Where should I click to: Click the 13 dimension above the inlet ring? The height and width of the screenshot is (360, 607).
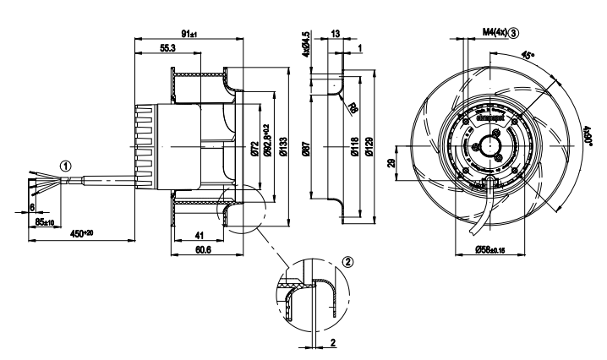[x=336, y=34]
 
